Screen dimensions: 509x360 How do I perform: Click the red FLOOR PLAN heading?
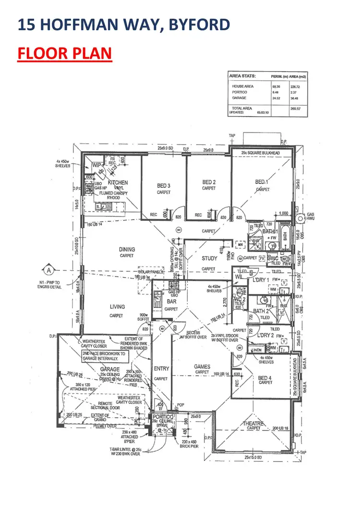64,53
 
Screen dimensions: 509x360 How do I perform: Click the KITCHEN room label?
118,182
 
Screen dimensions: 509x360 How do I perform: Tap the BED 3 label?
164,185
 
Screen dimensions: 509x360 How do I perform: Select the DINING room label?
127,249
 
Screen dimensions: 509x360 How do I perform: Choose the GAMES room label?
202,366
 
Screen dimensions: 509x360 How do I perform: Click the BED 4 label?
265,378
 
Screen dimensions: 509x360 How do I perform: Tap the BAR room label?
171,302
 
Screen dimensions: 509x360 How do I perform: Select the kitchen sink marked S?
98,206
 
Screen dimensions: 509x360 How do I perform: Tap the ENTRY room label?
161,368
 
